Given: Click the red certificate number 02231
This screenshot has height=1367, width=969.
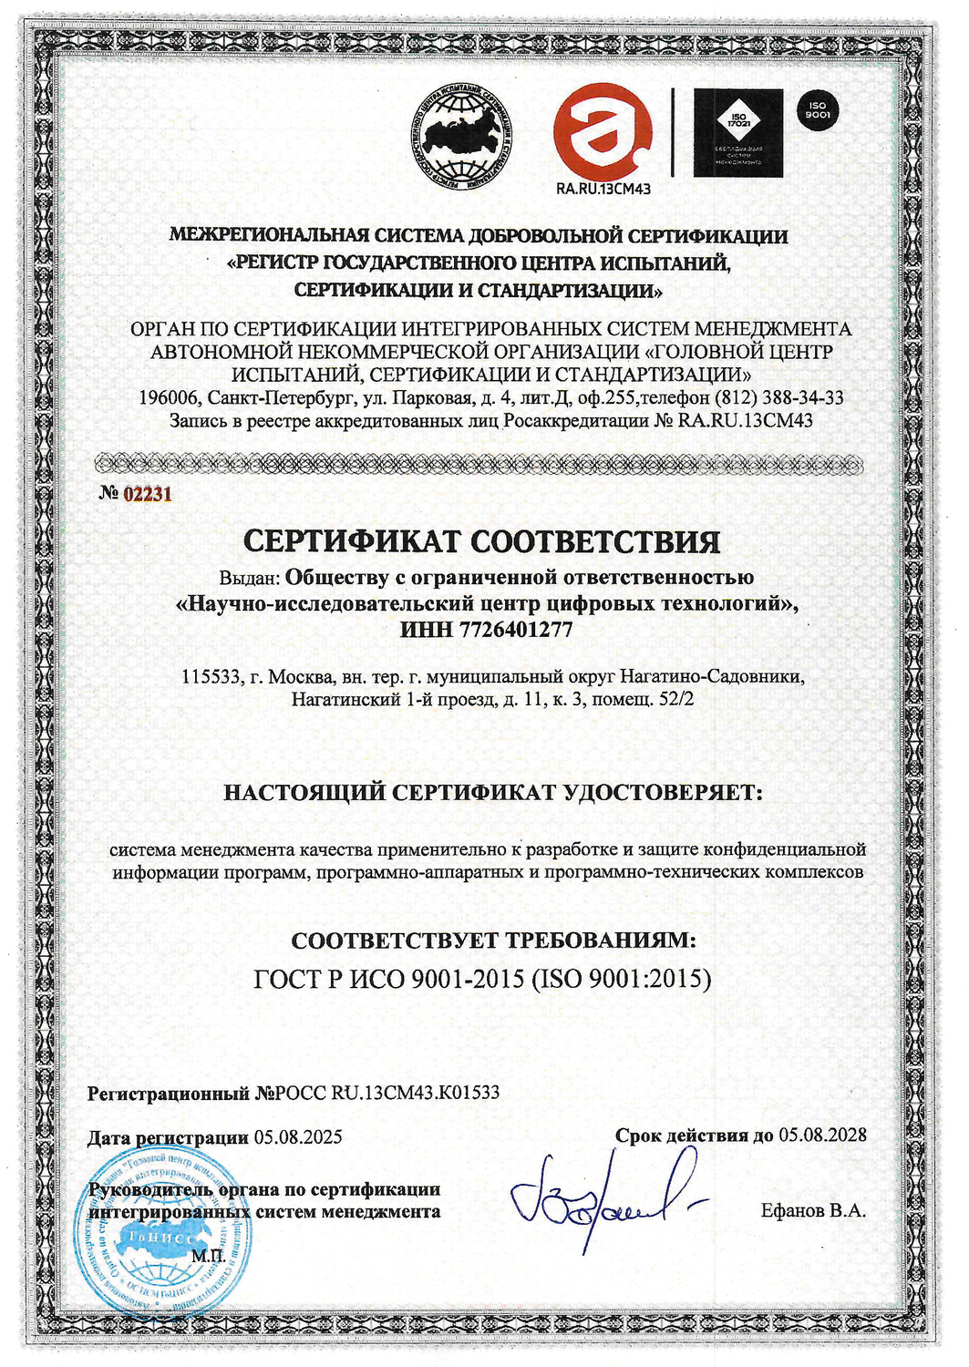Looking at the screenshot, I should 148,494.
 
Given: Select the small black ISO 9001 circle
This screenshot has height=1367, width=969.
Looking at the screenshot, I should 818,111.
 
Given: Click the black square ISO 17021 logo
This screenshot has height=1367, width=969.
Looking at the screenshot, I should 737,133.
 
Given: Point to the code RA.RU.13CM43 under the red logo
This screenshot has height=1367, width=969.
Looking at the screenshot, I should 603,189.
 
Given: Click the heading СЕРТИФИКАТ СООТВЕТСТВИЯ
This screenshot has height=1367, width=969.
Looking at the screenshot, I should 482,541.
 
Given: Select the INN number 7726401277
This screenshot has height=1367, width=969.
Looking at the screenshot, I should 518,629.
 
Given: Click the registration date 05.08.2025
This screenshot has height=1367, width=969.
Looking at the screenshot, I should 298,1136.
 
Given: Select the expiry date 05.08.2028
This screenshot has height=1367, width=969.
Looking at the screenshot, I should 822,1136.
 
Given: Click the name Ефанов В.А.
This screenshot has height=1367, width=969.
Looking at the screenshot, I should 813,1211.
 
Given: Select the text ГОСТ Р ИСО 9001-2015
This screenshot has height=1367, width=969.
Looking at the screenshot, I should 388,979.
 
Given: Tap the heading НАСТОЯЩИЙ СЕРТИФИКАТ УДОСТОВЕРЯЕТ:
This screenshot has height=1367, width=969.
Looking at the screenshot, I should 493,792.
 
